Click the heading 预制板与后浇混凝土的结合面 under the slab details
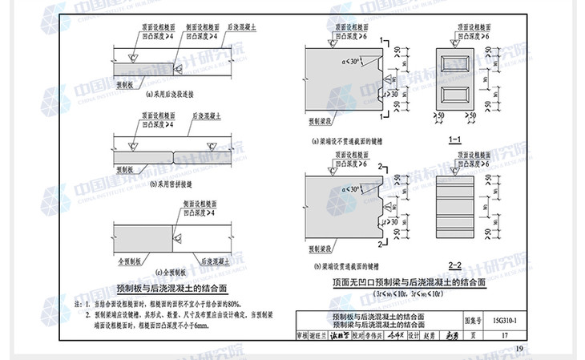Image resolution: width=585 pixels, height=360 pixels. pyautogui.click(x=169, y=286)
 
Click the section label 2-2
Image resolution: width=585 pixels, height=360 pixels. pyautogui.click(x=455, y=264)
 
